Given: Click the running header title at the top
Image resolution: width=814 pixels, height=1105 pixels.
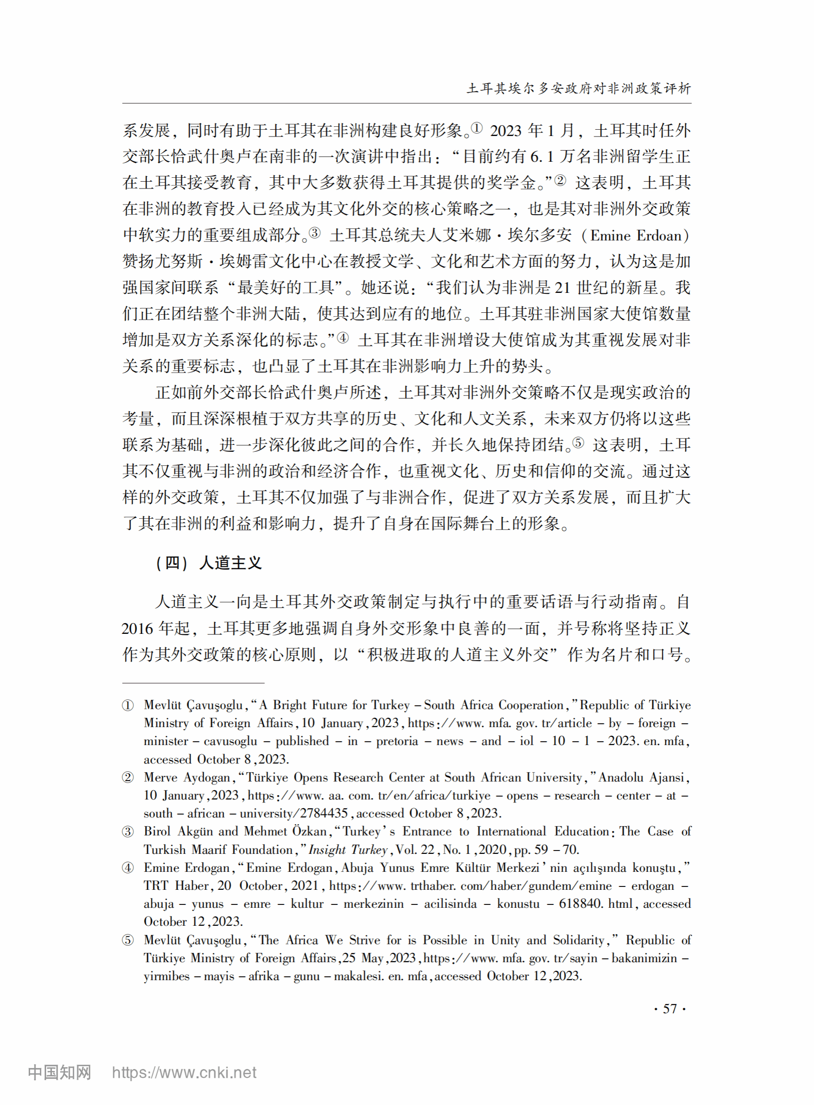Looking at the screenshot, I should [578, 89].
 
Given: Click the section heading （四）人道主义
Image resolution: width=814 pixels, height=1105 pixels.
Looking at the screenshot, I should [208, 562].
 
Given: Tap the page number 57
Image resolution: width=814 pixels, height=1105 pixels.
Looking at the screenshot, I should [670, 1008].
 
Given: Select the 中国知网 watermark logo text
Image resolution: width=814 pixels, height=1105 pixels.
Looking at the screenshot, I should [60, 1072].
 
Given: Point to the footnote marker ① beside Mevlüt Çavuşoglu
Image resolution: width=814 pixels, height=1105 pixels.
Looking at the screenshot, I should [128, 705].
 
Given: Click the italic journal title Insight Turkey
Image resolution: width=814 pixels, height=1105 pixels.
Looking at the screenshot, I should [348, 850].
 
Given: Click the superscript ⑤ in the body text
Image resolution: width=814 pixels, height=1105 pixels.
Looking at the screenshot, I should [578, 443].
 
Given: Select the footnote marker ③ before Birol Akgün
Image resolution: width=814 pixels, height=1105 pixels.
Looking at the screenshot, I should [128, 832].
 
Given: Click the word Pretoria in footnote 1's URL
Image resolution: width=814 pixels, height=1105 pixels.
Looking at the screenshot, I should [397, 741].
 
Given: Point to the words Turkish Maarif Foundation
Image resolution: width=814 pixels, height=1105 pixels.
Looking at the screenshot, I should [218, 850].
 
